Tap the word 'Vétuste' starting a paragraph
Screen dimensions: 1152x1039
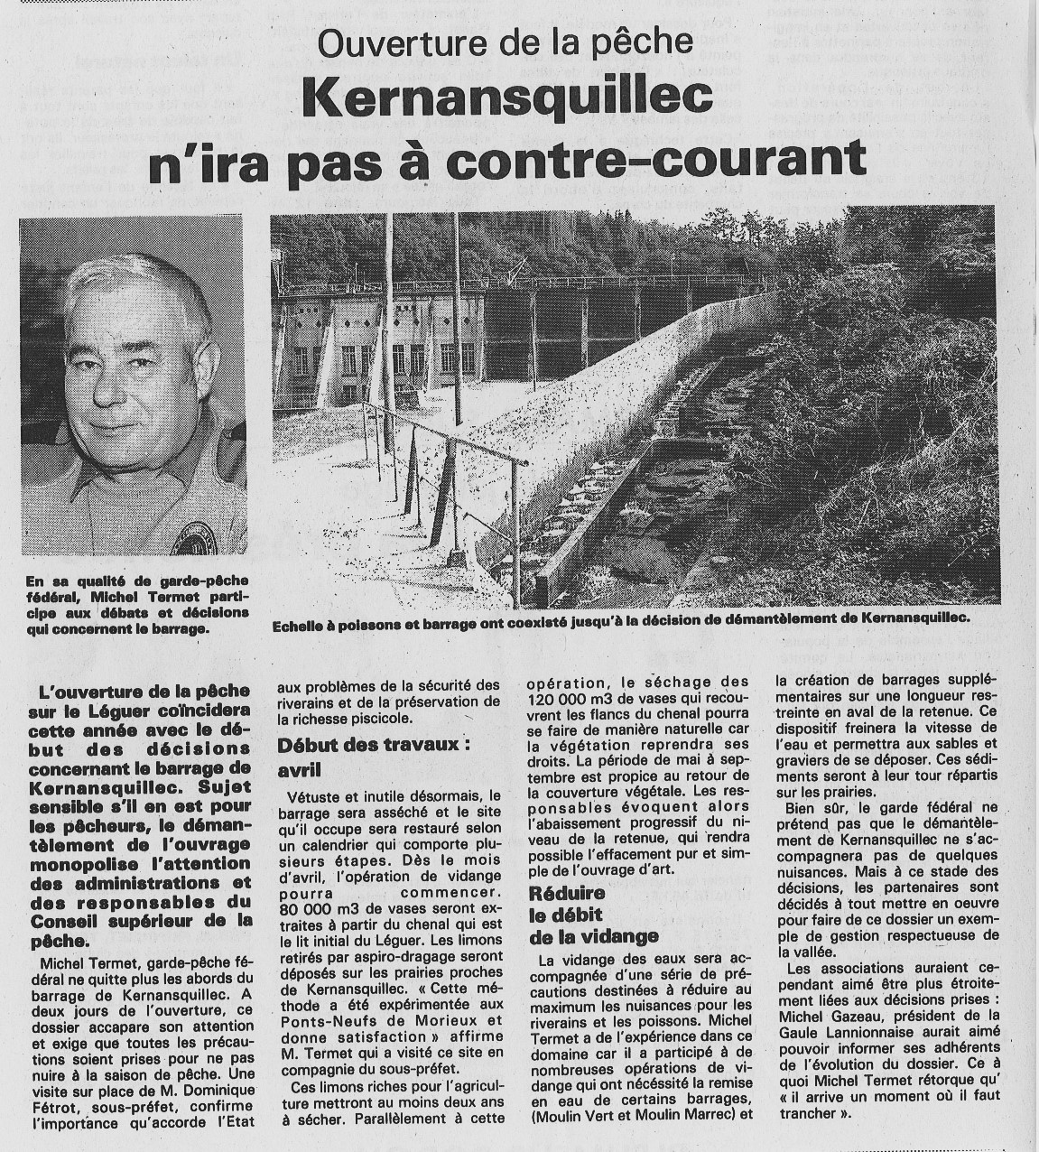click(x=317, y=796)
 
